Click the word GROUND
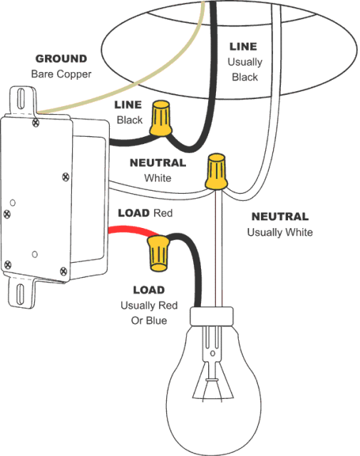(x=61, y=58)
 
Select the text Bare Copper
(x=61, y=74)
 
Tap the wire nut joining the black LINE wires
(x=162, y=118)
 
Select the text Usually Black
(x=245, y=69)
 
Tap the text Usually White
(x=279, y=232)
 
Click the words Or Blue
(x=148, y=321)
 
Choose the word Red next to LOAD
(x=163, y=213)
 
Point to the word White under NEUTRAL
(x=158, y=177)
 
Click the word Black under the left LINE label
(x=130, y=120)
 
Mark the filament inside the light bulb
(x=211, y=388)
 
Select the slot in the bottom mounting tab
(x=20, y=294)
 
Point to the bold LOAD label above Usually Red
(x=148, y=290)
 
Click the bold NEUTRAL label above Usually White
(x=279, y=217)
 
